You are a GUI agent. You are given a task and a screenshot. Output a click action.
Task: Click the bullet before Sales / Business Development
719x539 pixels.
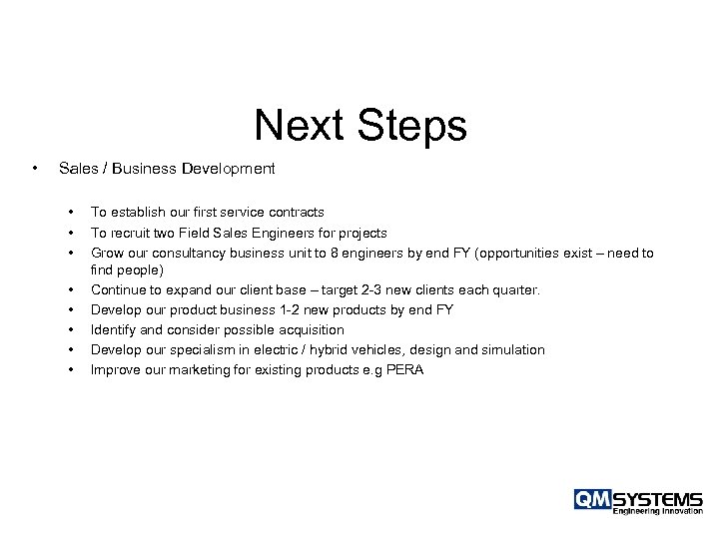(36, 169)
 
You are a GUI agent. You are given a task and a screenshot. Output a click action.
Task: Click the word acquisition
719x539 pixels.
(307, 329)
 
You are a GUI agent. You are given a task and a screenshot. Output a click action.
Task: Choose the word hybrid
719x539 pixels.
(324, 349)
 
